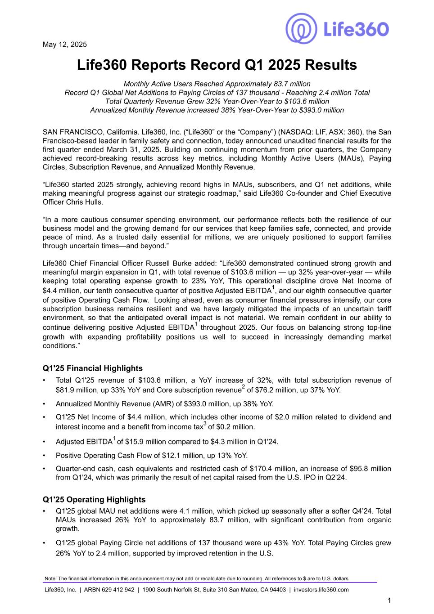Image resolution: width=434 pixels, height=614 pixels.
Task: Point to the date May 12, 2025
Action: [x=65, y=45]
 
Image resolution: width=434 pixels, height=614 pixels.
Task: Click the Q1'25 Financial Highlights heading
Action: [x=93, y=368]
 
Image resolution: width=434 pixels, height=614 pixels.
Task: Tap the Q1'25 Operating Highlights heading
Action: [x=94, y=499]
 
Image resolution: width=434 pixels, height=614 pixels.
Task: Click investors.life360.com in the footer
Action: [x=321, y=590]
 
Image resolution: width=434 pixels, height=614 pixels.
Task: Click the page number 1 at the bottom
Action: [x=389, y=600]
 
